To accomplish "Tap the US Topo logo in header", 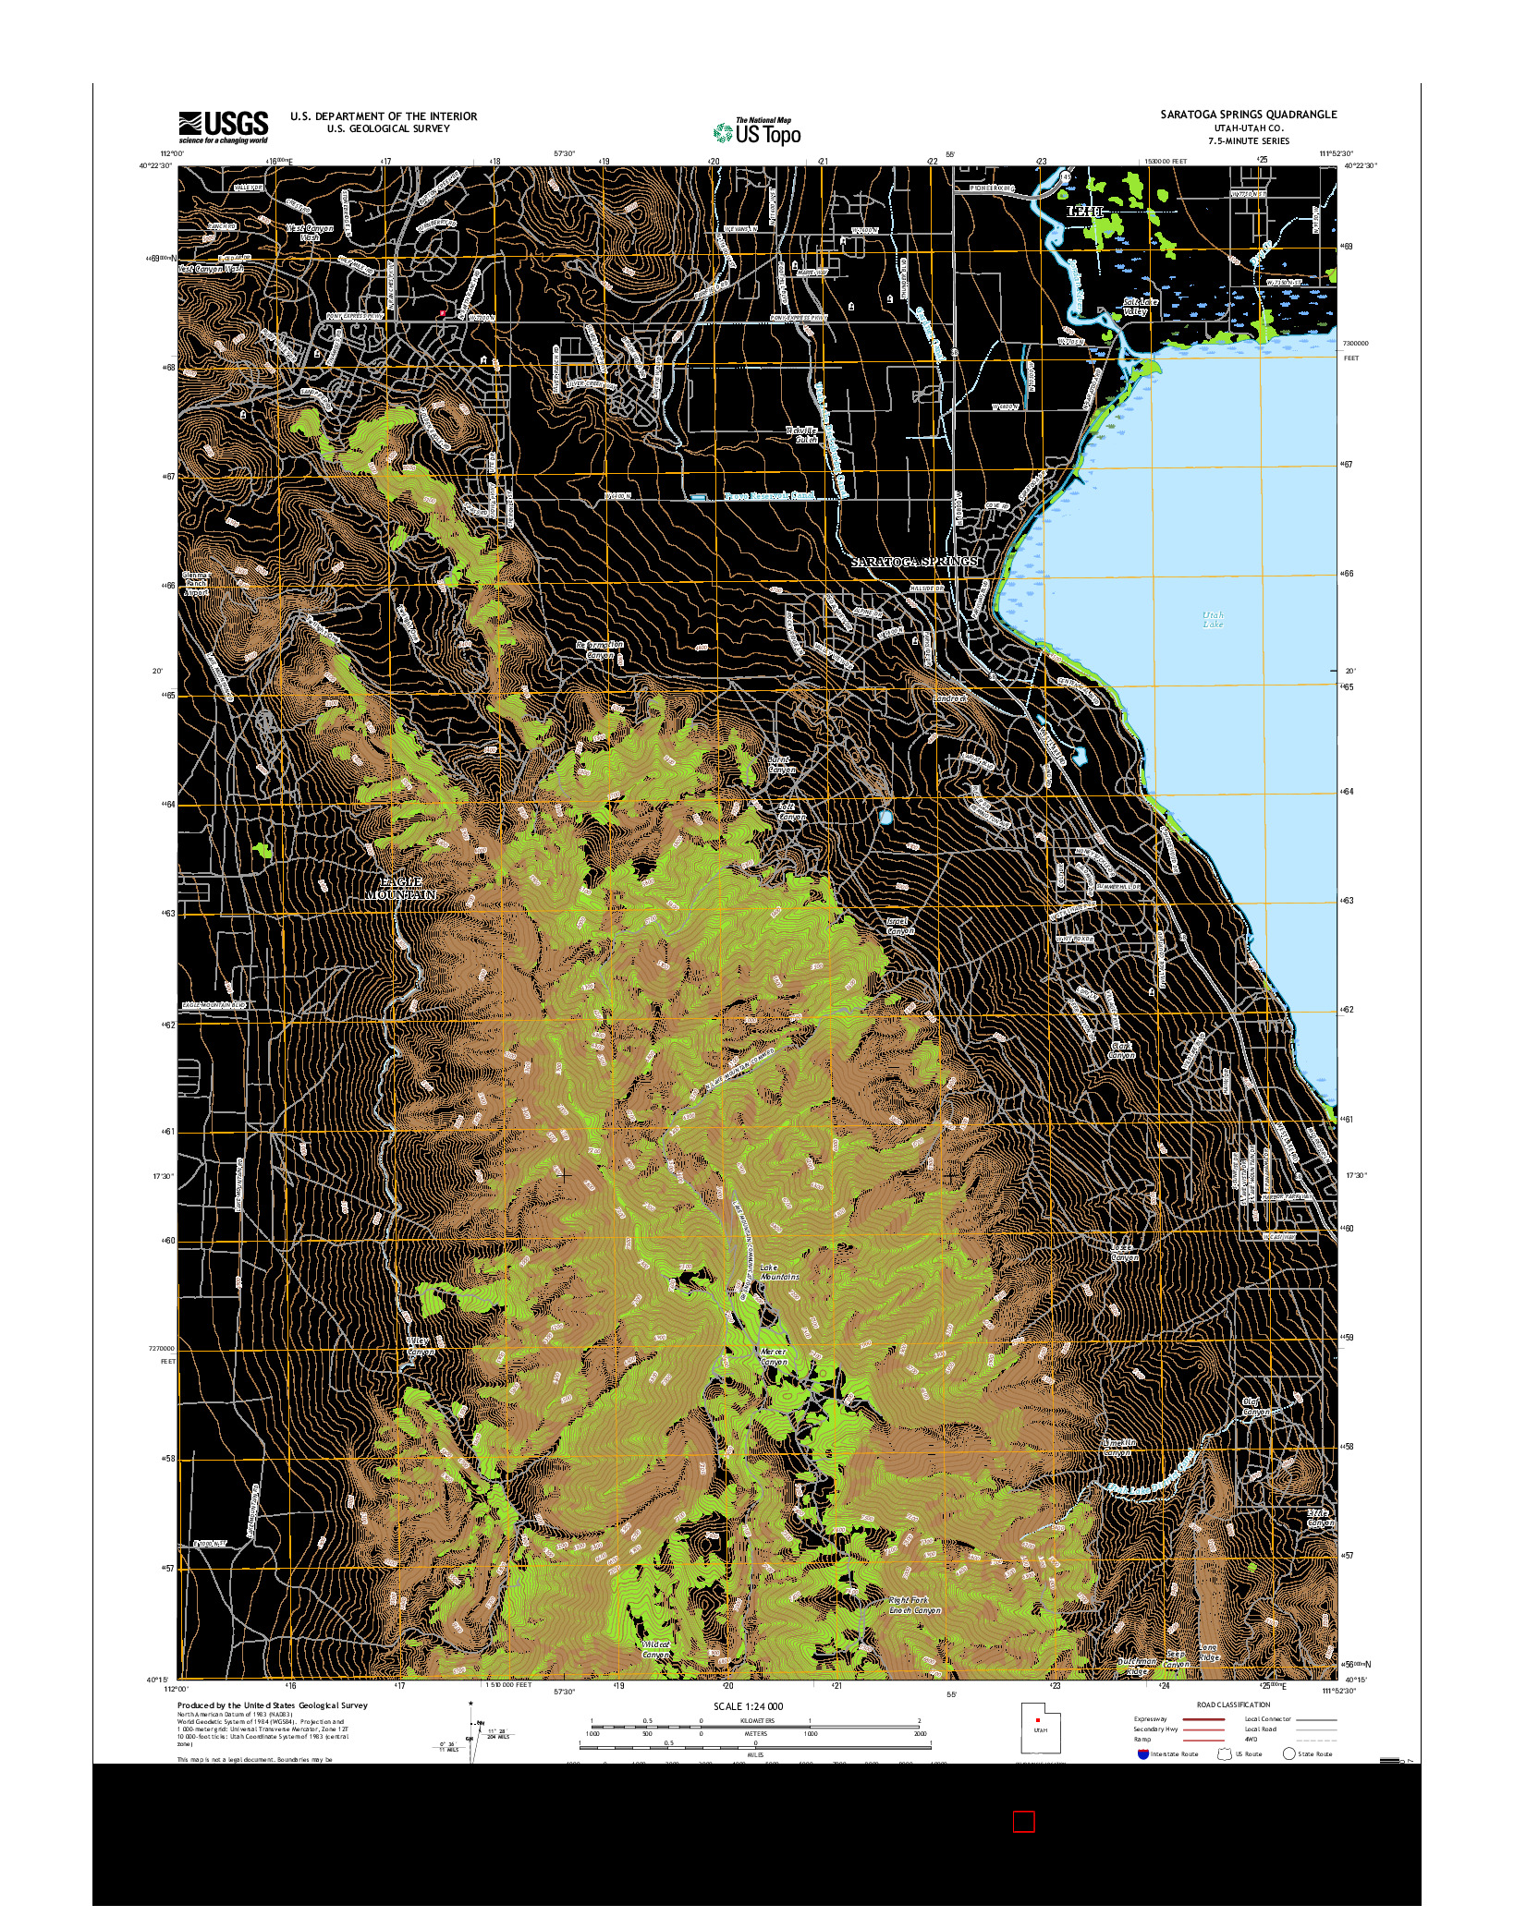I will click(756, 132).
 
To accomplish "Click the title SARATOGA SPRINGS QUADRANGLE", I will click(1249, 115).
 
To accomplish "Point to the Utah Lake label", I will click(1212, 619).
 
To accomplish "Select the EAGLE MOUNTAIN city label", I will click(399, 889).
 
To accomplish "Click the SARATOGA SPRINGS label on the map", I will click(913, 562).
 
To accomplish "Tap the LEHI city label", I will click(1086, 212).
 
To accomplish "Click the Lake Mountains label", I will click(778, 1271).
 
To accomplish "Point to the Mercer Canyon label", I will click(773, 1356).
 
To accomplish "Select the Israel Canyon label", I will click(899, 926).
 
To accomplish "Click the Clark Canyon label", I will click(1120, 1050).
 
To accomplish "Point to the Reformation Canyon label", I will click(600, 649).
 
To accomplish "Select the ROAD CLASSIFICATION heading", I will click(1233, 1705).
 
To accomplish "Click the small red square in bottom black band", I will click(1023, 1822).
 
